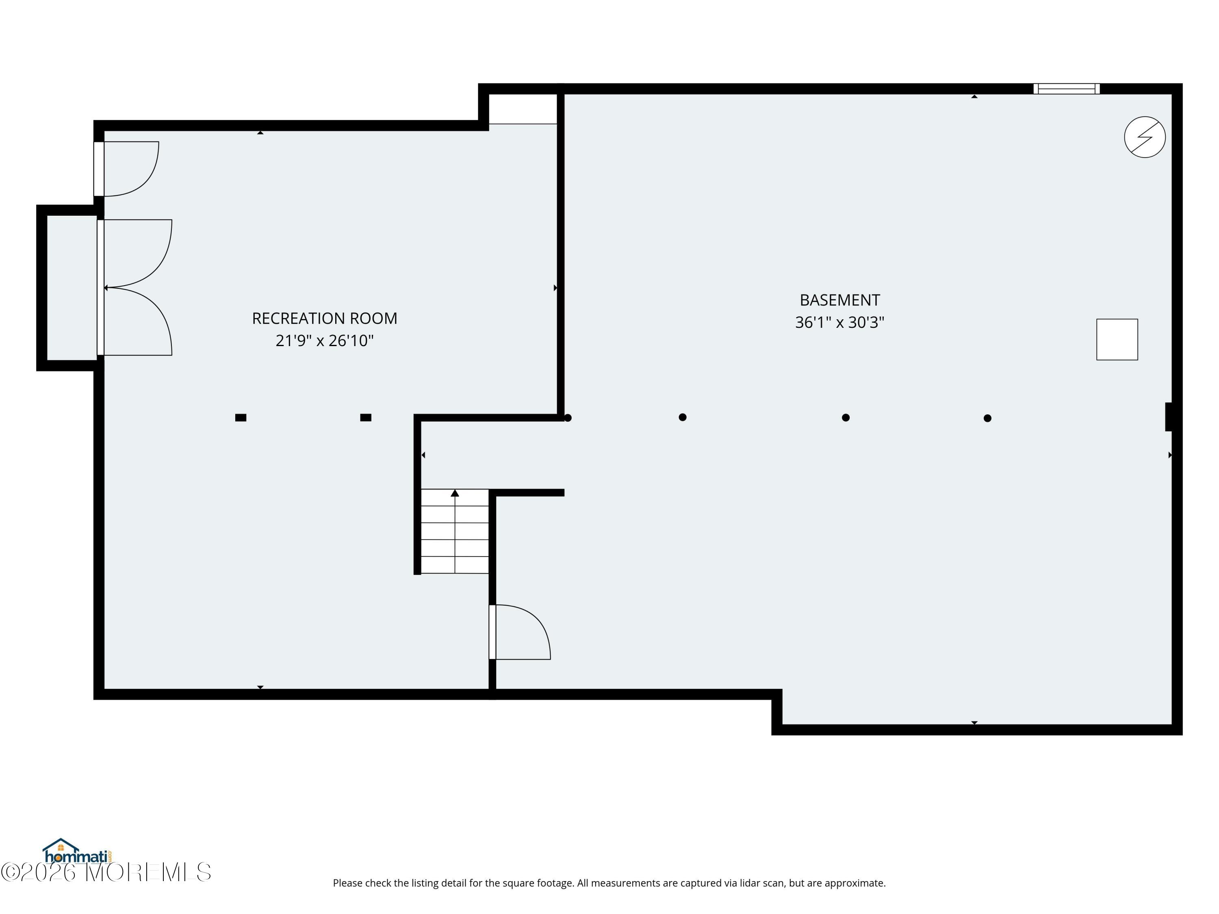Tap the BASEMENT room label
839,300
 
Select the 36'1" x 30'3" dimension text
839,322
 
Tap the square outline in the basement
1117,339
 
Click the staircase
455,531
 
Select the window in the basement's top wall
1066,89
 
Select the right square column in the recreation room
365,418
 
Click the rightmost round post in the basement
987,418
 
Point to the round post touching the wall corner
568,418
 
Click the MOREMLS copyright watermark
106,872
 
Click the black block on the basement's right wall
1168,417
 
